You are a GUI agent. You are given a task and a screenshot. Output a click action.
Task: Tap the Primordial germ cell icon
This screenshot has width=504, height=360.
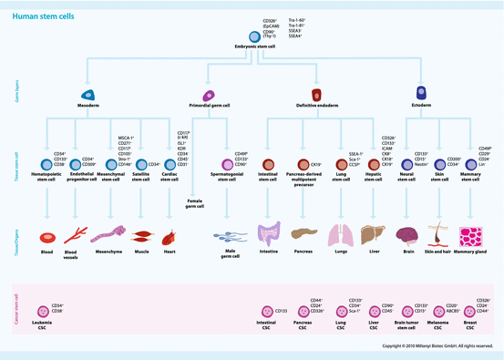point(209,94)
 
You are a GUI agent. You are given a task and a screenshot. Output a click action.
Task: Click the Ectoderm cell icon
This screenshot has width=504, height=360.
point(420,93)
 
